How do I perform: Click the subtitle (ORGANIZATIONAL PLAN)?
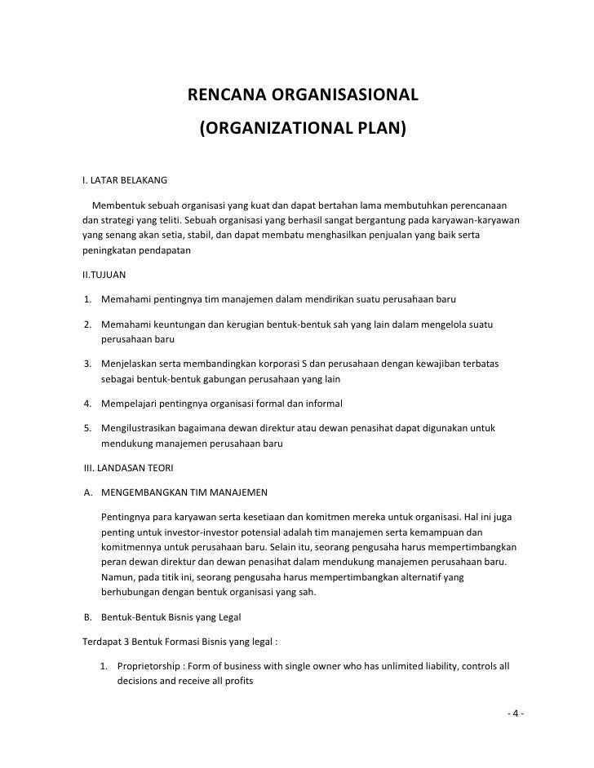tap(303, 129)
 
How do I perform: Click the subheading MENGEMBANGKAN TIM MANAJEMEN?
tap(186, 492)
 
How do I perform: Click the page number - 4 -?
tap(515, 714)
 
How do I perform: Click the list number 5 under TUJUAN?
tap(87, 428)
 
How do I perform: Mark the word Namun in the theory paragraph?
tap(119, 577)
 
